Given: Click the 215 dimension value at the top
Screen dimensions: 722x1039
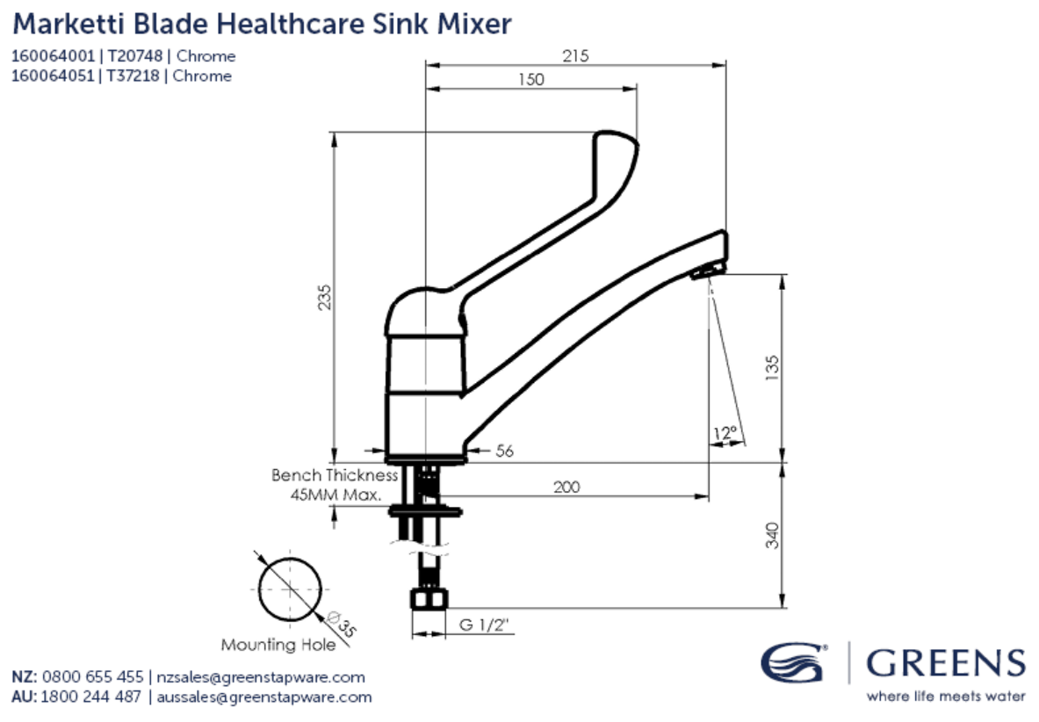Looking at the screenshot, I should pyautogui.click(x=574, y=55).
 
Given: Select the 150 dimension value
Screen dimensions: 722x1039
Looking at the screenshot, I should pyautogui.click(x=530, y=80).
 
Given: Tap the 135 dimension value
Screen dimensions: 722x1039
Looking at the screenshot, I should pyautogui.click(x=772, y=367).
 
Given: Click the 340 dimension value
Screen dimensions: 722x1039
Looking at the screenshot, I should pyautogui.click(x=772, y=534).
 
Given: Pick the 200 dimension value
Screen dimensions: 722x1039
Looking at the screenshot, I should pyautogui.click(x=566, y=487).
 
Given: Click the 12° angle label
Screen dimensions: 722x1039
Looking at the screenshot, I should pyautogui.click(x=725, y=432).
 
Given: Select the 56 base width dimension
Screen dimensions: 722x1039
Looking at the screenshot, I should pyautogui.click(x=504, y=451).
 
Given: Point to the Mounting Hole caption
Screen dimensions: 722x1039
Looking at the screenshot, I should pyautogui.click(x=278, y=646).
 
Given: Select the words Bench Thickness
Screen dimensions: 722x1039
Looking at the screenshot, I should pyautogui.click(x=335, y=475).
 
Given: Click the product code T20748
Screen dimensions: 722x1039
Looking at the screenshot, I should pyautogui.click(x=135, y=56).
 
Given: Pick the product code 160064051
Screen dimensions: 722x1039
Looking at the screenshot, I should pyautogui.click(x=52, y=76).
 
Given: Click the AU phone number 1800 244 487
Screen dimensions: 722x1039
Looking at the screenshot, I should pyautogui.click(x=93, y=697).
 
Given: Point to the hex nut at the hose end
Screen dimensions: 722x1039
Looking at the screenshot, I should pyautogui.click(x=429, y=601).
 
